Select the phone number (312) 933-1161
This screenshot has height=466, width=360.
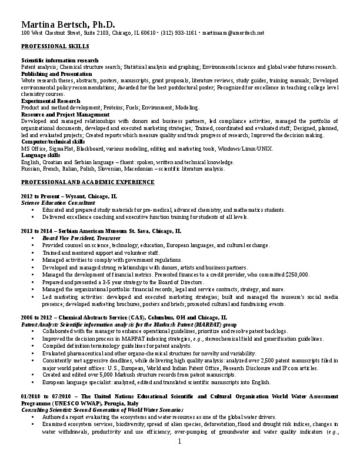click(179, 33)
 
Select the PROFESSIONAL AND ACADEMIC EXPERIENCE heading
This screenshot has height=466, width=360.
click(88, 182)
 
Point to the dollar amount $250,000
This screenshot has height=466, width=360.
click(297, 275)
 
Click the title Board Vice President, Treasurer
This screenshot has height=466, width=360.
click(80, 237)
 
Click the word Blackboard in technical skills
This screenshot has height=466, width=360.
click(89, 148)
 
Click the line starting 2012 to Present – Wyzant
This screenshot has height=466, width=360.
click(69, 196)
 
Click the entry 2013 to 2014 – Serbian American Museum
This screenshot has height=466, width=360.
click(101, 231)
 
